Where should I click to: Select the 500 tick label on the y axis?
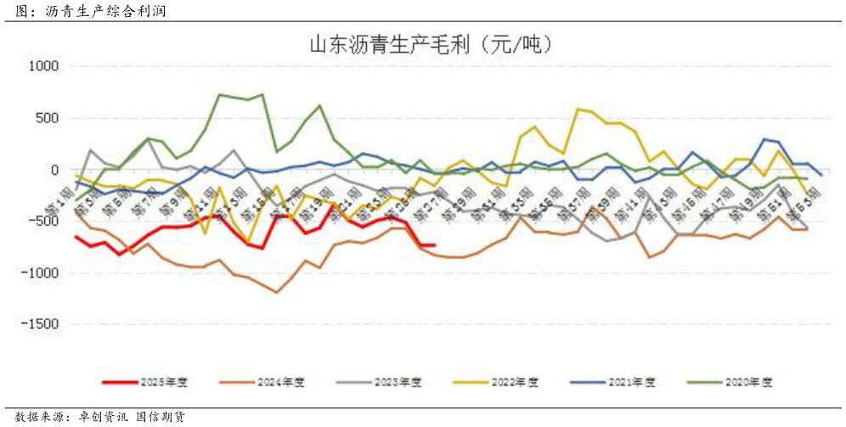(x=46, y=118)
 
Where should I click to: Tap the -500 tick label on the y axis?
(x=43, y=222)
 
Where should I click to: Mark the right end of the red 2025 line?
(x=434, y=245)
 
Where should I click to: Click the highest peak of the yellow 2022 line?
(x=578, y=109)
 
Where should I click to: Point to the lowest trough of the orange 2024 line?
(x=277, y=293)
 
